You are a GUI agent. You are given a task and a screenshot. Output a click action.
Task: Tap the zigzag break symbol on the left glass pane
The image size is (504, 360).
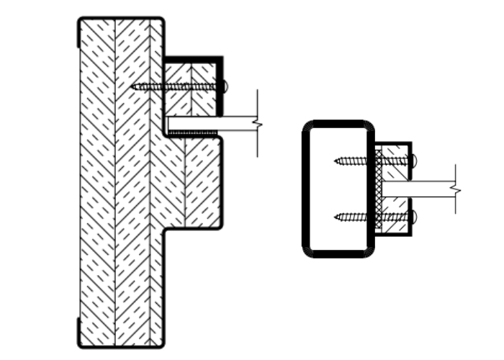257,123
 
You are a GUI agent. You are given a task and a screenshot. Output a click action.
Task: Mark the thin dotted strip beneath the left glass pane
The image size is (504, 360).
192,132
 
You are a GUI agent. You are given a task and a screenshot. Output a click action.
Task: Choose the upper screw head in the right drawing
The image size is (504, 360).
413,160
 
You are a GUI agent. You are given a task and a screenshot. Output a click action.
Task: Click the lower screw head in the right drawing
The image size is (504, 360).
413,215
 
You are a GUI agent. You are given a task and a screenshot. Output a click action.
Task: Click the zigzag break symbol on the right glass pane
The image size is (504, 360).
454,189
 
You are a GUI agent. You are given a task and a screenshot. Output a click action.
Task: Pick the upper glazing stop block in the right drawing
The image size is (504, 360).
395,157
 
